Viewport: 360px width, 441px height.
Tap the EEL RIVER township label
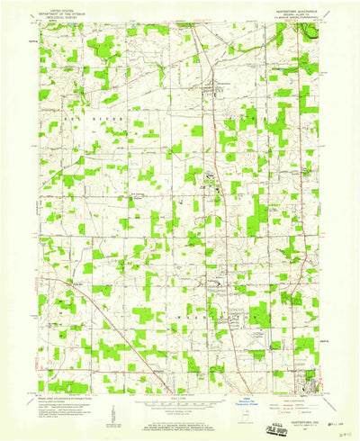[x=99, y=117]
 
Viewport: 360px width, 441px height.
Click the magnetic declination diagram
[x=112, y=405]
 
